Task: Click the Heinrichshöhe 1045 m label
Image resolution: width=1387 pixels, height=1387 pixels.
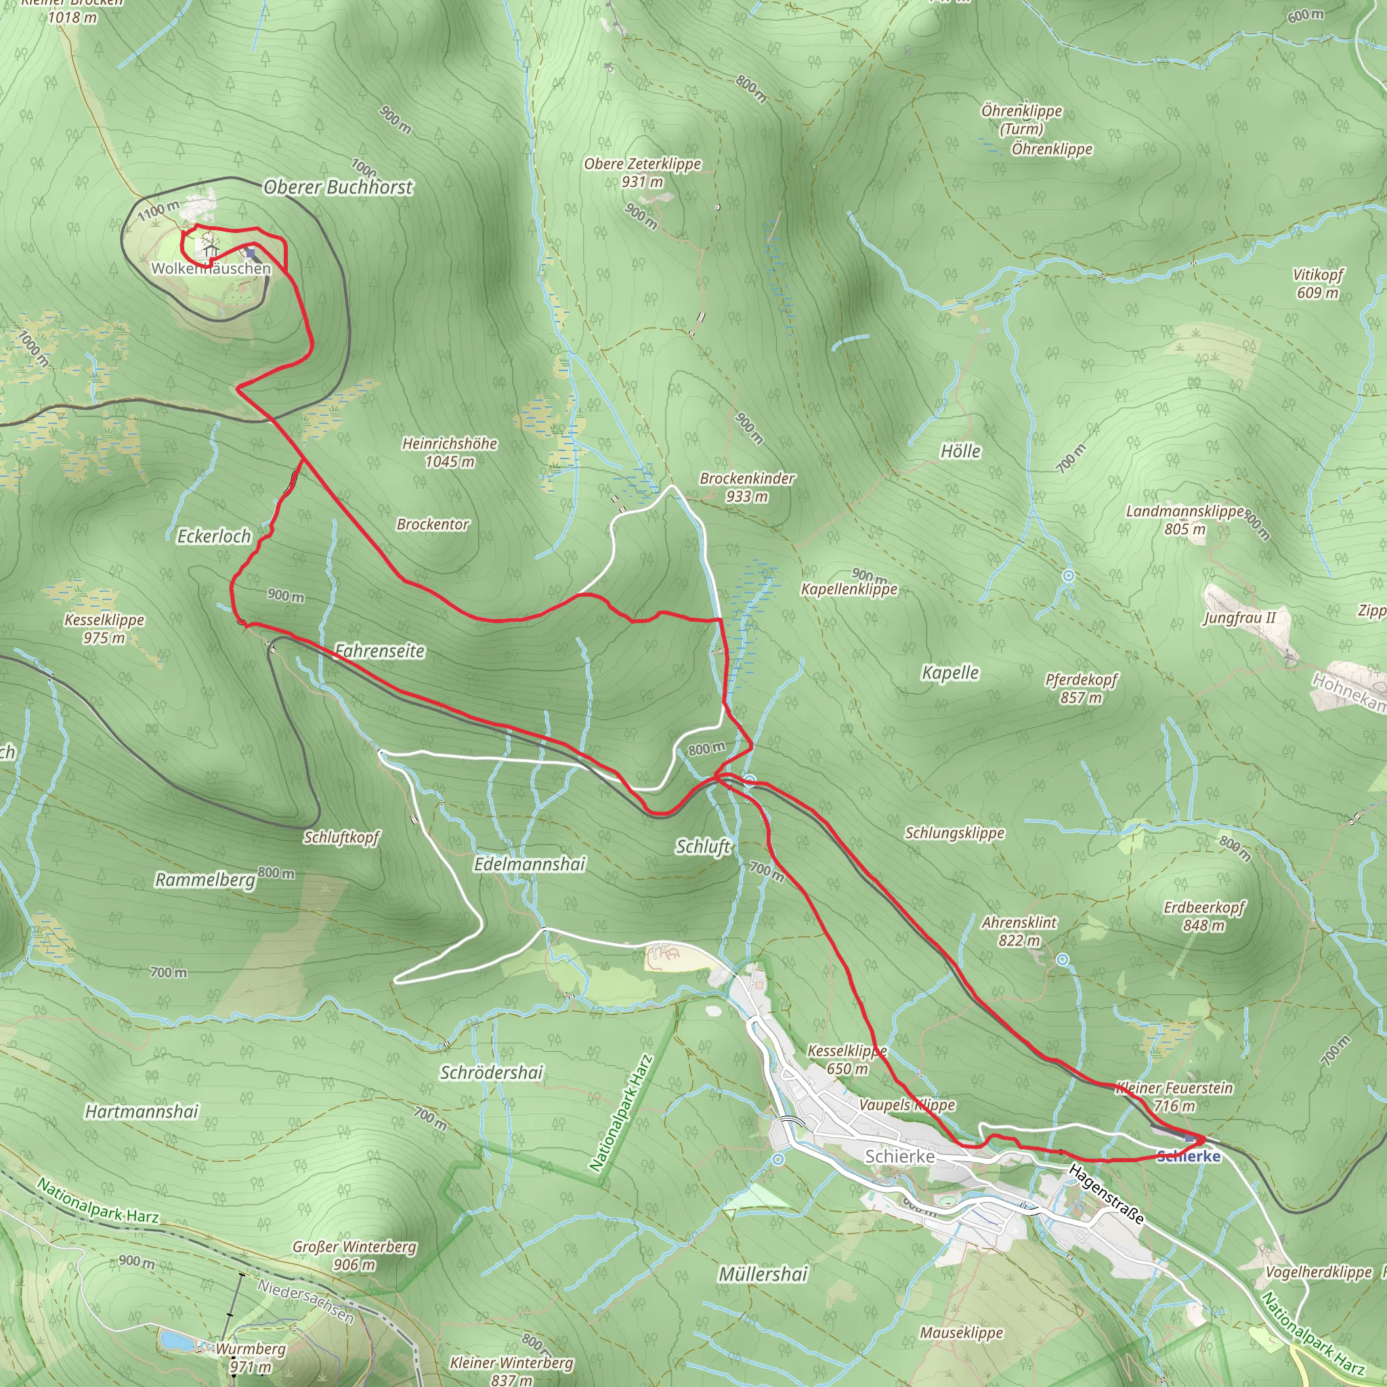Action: pos(450,452)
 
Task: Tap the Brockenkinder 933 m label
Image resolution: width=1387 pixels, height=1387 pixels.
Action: pos(748,487)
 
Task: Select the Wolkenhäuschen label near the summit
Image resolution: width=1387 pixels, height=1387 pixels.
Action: pos(211,268)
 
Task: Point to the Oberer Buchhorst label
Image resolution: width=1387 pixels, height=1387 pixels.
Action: pos(338,188)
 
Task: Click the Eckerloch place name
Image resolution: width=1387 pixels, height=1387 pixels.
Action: pos(214,536)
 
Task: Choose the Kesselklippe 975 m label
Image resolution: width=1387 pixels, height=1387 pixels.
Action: pos(105,628)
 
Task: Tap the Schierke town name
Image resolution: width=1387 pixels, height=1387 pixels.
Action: pos(899,1157)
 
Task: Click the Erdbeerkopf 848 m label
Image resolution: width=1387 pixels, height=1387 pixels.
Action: pos(1204,916)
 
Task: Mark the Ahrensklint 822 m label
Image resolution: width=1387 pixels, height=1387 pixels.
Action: pos(1019,931)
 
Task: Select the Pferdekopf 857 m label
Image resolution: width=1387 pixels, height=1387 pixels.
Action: pos(1081,688)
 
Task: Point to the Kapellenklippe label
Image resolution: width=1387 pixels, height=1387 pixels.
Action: pos(849,589)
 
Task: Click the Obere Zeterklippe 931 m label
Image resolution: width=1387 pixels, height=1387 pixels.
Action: pos(643,172)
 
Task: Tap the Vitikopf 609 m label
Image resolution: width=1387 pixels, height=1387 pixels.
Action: pos(1317,284)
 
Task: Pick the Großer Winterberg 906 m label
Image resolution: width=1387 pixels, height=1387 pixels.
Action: pos(355,1255)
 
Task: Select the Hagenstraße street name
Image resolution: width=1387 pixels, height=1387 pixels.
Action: pos(1105,1194)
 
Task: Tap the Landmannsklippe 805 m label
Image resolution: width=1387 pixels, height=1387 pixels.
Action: pos(1185,519)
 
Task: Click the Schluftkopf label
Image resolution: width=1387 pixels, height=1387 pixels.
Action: pos(342,837)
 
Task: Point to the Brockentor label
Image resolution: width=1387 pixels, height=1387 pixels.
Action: pos(433,524)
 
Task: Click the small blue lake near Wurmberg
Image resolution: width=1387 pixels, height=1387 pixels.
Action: pos(175,1340)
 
